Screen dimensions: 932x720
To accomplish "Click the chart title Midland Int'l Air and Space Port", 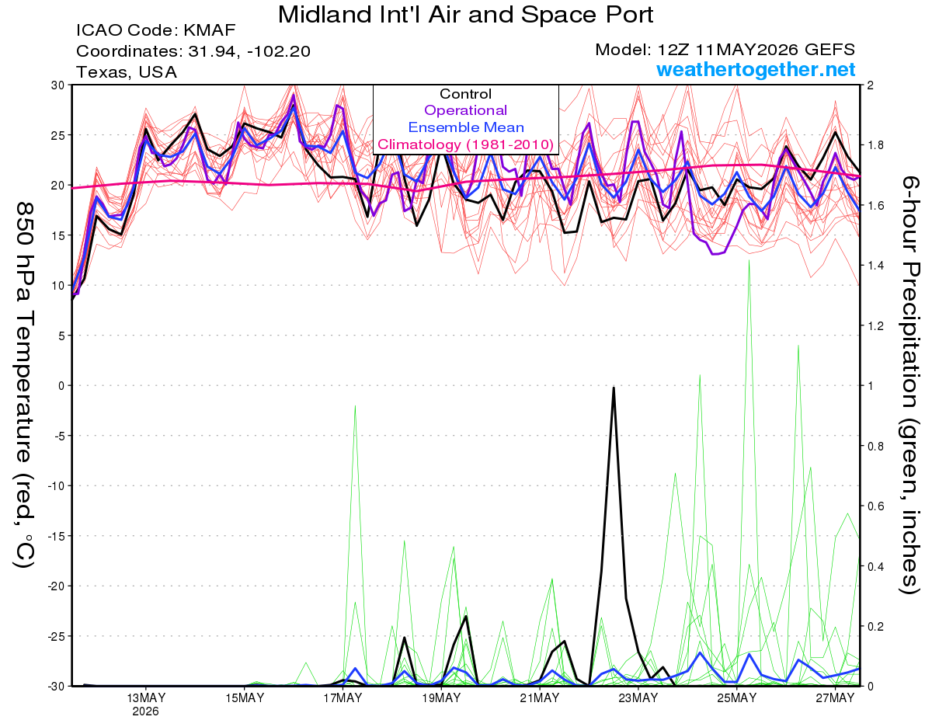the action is (x=465, y=15).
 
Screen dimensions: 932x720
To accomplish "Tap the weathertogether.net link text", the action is (x=756, y=69).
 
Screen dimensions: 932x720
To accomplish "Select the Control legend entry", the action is (x=465, y=94).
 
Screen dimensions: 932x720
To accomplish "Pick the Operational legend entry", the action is (x=465, y=110).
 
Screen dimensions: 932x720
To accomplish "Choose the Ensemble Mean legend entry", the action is (x=466, y=127).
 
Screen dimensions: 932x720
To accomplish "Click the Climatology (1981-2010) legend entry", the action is (x=465, y=144).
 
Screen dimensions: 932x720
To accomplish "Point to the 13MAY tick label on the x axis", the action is (x=146, y=698).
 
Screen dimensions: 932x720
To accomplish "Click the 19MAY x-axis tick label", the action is (x=441, y=698).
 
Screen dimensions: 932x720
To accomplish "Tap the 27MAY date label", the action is (x=835, y=698).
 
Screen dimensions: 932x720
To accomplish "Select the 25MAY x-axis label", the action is (x=737, y=698).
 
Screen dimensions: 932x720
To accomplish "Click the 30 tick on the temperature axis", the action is (x=58, y=85).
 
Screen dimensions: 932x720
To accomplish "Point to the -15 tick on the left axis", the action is (x=55, y=536).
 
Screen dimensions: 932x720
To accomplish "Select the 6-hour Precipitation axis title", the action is (x=910, y=385).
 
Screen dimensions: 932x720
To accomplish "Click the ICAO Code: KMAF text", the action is (x=155, y=30).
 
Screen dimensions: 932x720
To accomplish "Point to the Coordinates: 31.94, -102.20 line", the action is (x=193, y=51).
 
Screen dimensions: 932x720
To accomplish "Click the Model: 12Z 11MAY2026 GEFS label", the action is (x=725, y=50).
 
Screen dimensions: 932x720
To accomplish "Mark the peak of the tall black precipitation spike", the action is (x=614, y=388).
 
